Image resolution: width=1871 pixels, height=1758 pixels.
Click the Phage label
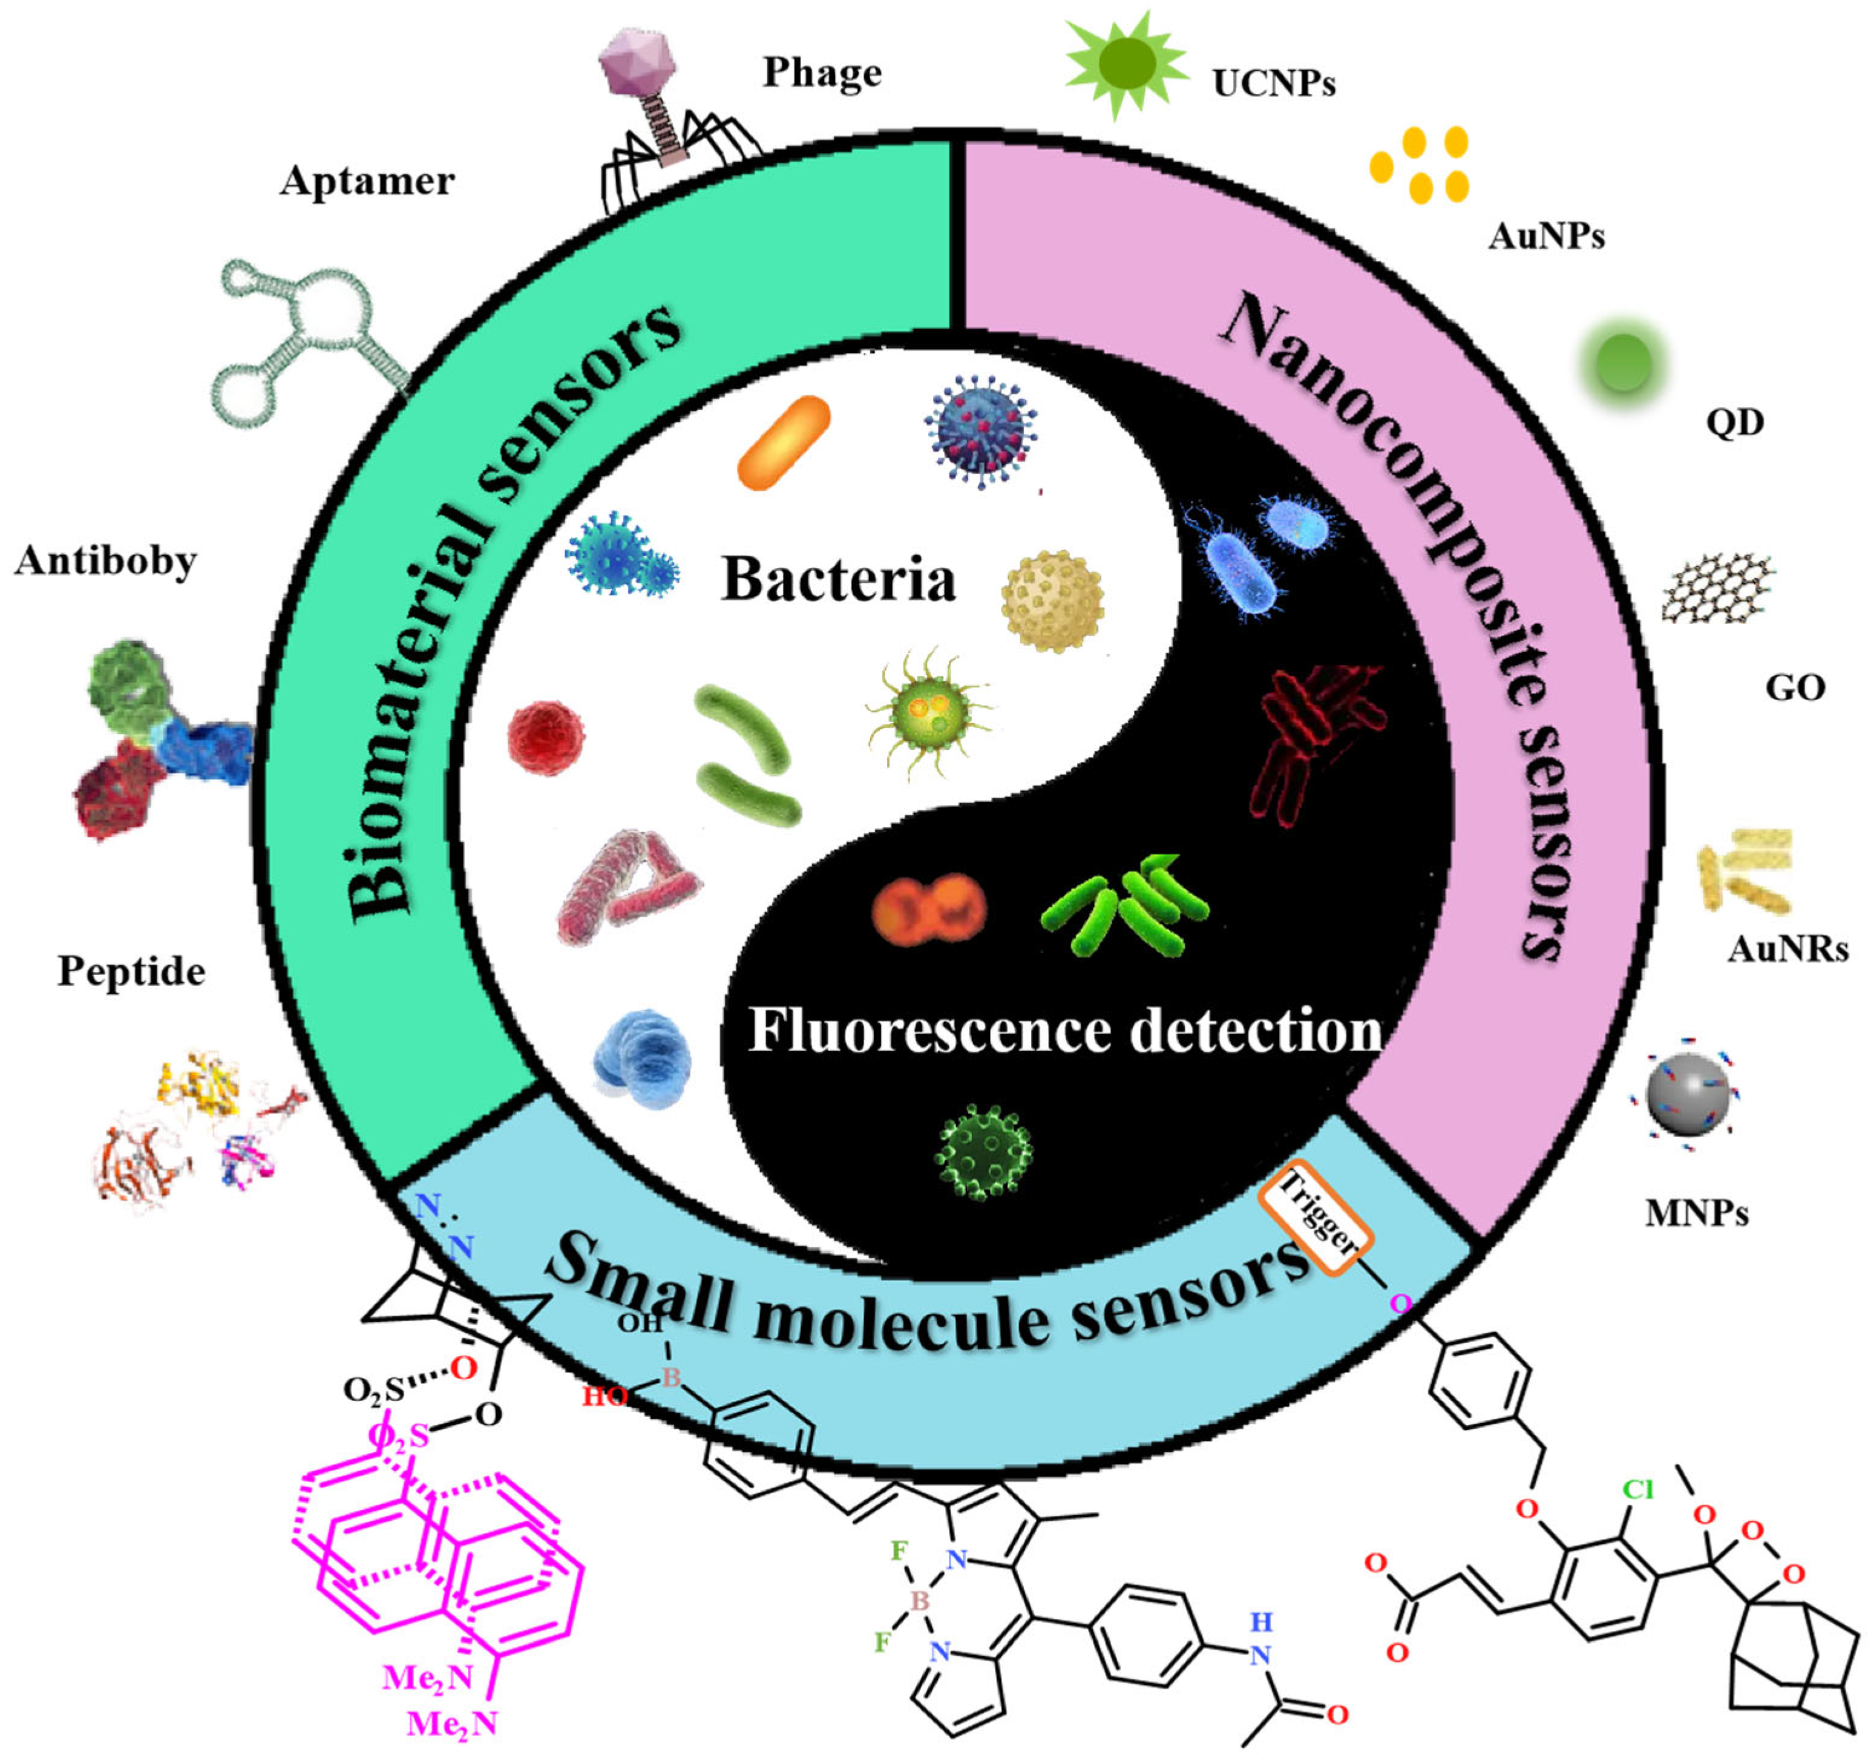coord(822,73)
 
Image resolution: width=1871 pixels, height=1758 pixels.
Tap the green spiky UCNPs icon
coord(1127,64)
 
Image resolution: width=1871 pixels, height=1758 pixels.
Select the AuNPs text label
coord(1545,235)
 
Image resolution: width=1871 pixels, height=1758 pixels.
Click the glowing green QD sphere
coord(1624,363)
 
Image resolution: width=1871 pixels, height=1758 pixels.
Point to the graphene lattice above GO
coord(1717,588)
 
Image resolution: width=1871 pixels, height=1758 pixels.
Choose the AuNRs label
coord(1786,949)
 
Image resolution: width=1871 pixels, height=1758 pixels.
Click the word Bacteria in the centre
coord(837,579)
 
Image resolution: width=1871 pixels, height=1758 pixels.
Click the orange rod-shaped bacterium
coord(784,442)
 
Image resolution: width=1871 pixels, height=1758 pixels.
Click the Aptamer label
coord(367,181)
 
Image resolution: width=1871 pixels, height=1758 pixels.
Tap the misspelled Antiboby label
coord(105,562)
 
